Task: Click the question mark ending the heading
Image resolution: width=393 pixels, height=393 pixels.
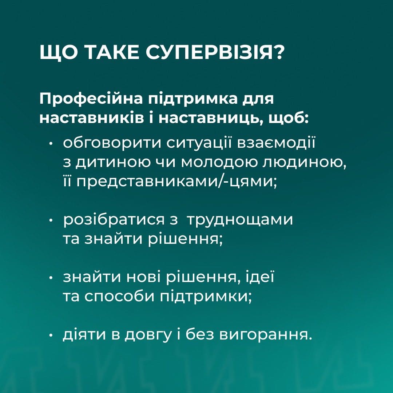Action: tap(278, 53)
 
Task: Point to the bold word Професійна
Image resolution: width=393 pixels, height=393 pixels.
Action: tap(91, 99)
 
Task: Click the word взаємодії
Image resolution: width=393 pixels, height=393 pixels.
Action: tap(276, 143)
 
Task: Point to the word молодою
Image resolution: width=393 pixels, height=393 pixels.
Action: tap(220, 163)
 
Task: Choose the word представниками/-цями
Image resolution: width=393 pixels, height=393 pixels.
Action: tap(170, 181)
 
